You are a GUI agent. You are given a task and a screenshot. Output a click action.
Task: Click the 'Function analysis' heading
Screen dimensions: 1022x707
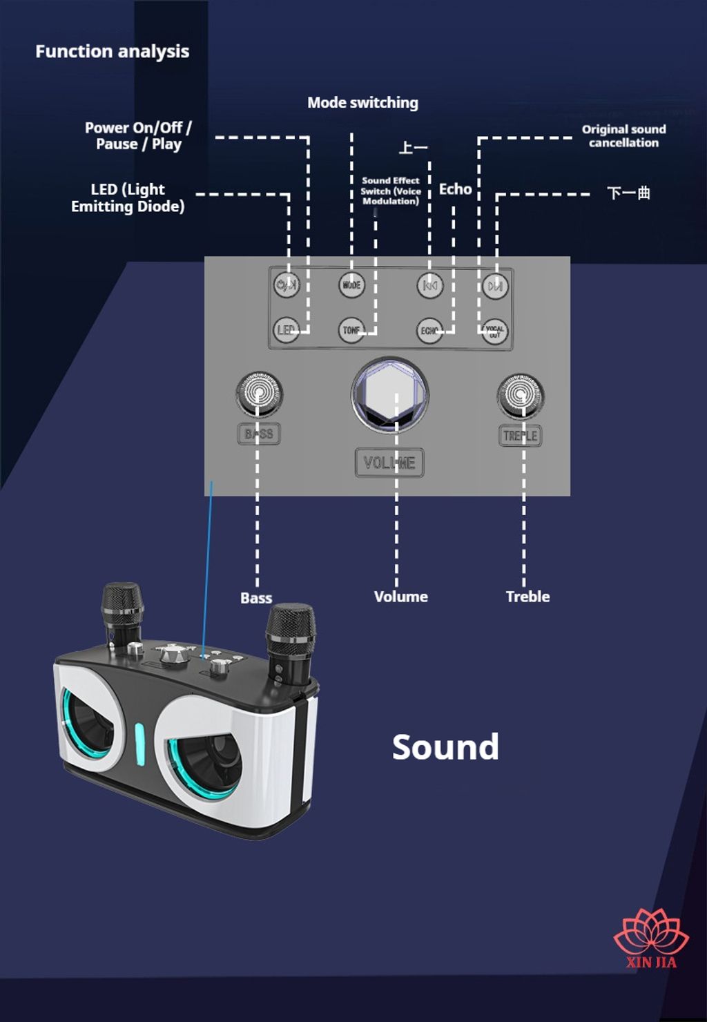click(x=112, y=51)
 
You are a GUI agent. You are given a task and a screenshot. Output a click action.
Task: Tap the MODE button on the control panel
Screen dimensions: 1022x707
click(x=351, y=285)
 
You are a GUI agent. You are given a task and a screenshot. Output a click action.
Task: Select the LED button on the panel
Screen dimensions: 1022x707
click(x=286, y=330)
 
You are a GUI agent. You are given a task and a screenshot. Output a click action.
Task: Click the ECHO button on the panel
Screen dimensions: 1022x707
click(x=429, y=331)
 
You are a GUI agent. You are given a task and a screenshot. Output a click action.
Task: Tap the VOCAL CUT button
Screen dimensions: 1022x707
click(x=494, y=331)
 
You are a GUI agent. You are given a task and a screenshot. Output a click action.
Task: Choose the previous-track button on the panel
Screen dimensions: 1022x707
click(x=429, y=285)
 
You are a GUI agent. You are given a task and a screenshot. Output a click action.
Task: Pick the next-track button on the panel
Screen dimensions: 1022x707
click(x=494, y=285)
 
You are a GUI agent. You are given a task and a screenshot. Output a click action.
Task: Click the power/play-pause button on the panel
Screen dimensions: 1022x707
click(x=286, y=285)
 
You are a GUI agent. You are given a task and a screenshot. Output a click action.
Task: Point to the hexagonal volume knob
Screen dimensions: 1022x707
click(x=390, y=394)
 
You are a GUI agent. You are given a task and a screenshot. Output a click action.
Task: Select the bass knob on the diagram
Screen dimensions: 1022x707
click(x=259, y=394)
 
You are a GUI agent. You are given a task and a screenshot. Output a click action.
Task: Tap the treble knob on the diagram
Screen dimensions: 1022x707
click(x=521, y=396)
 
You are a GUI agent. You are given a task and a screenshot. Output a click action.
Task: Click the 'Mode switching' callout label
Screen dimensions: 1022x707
click(x=362, y=103)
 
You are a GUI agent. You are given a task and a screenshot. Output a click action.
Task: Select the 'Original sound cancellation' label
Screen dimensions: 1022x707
click(x=623, y=136)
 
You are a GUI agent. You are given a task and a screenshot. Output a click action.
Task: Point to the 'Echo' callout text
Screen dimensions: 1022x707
click(x=455, y=189)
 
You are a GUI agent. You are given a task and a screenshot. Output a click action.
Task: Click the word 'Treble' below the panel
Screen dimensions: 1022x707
click(x=527, y=597)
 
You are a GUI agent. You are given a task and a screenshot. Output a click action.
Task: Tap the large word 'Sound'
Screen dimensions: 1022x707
click(x=445, y=747)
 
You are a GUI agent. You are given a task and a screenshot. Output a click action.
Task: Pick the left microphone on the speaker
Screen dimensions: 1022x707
click(x=123, y=611)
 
